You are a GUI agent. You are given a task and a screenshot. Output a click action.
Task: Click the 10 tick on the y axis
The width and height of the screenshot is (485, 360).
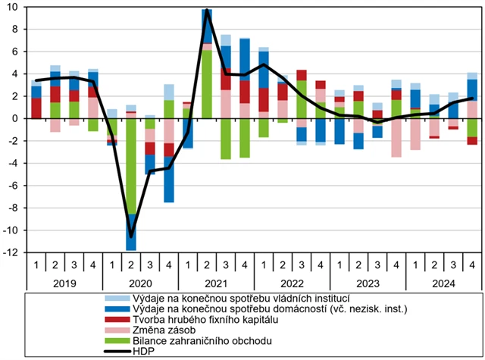click(14, 7)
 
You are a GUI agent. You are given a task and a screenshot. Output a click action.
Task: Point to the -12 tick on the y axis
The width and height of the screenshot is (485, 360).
click(12, 252)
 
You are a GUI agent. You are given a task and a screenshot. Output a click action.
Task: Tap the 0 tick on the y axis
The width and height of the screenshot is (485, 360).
click(17, 118)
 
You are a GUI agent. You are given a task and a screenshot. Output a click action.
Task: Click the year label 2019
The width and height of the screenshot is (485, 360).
click(64, 281)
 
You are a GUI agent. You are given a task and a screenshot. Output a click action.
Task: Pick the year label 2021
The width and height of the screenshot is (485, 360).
click(216, 281)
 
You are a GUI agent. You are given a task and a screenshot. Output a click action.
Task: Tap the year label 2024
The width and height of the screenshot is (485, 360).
click(443, 281)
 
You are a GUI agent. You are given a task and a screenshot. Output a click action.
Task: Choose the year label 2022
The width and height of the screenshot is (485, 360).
click(292, 281)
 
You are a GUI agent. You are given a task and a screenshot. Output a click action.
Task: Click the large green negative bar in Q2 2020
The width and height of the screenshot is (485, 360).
click(131, 167)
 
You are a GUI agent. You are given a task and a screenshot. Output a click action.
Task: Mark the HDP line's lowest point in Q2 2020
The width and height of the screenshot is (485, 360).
click(131, 236)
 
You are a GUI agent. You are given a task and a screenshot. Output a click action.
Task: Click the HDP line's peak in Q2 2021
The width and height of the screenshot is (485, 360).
click(207, 11)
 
